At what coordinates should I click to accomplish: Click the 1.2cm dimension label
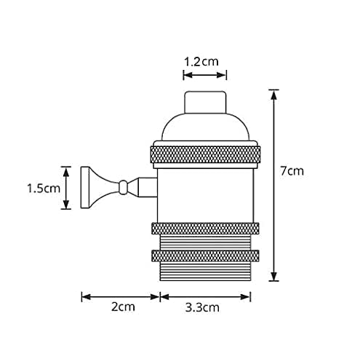pos(201,61)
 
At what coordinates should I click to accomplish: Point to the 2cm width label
pos(122,307)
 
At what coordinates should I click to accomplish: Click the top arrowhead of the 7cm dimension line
pos(273,92)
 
